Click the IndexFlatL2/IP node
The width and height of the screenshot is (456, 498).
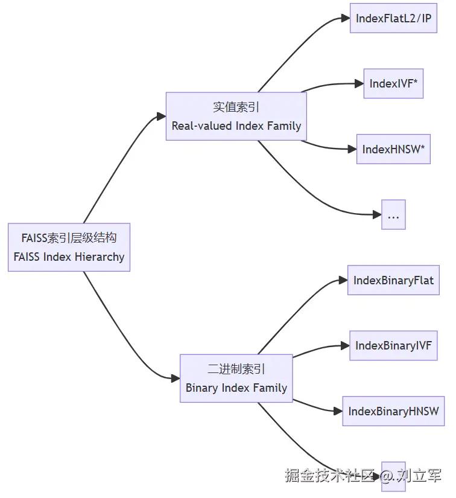click(393, 18)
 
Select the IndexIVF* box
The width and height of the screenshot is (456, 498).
click(393, 84)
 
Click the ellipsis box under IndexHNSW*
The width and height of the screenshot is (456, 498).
click(393, 215)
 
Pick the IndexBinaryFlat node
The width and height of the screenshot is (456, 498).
click(393, 280)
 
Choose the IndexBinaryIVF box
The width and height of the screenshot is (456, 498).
click(393, 346)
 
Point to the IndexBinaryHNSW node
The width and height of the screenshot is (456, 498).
click(393, 412)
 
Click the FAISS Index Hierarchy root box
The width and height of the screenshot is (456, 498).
click(69, 247)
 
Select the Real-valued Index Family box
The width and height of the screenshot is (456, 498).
click(236, 117)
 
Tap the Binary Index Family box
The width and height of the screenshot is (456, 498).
click(236, 378)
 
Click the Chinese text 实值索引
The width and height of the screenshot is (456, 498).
click(236, 107)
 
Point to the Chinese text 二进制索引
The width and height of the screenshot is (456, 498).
click(236, 369)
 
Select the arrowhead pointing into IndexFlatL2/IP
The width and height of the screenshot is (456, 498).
click(346, 18)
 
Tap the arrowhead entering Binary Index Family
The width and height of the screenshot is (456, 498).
click(176, 378)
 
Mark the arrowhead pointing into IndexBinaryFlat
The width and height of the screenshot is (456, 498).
click(343, 280)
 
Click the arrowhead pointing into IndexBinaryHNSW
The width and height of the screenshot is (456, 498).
click(338, 412)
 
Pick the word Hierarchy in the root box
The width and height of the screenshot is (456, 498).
click(100, 257)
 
